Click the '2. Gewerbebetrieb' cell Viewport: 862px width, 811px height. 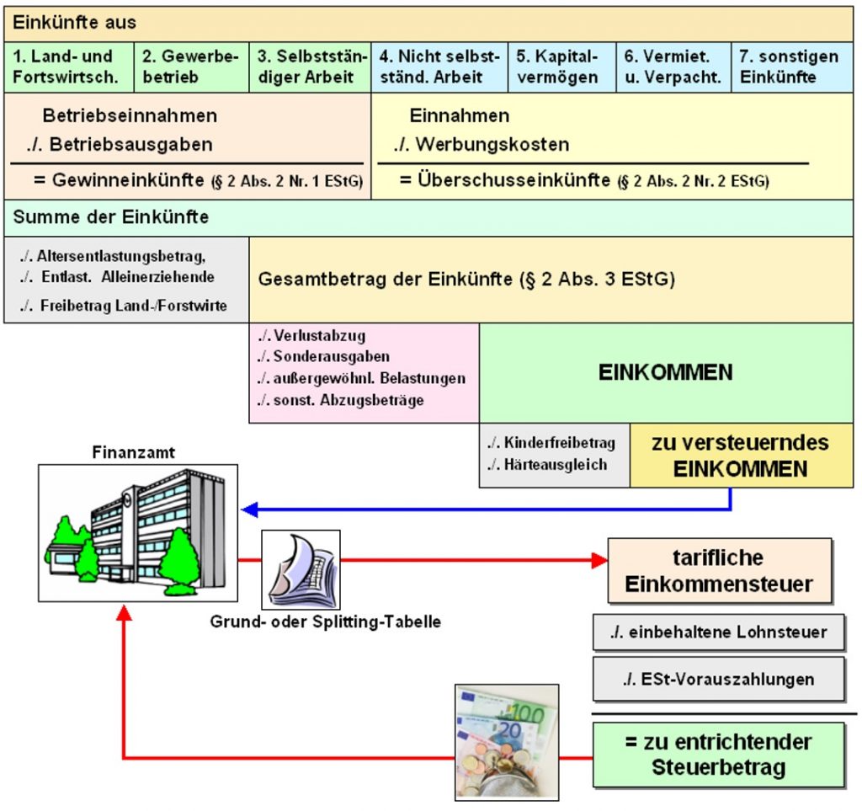tap(191, 67)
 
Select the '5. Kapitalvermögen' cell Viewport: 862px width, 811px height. tap(561, 67)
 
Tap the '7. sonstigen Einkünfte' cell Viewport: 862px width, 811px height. tap(792, 67)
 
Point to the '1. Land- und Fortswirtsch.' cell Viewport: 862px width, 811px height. tap(69, 67)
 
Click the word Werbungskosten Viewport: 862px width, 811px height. tap(492, 145)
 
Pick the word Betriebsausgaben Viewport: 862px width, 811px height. tap(130, 145)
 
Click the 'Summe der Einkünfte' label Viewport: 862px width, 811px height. tap(111, 217)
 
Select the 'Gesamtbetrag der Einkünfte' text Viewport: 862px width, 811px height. tap(385, 280)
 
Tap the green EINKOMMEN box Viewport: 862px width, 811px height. tap(667, 373)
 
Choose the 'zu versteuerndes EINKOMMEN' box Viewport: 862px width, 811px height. tap(742, 456)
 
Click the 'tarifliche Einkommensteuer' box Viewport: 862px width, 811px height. tap(720, 571)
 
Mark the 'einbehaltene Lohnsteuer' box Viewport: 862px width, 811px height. tap(719, 632)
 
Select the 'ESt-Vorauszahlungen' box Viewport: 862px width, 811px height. tap(719, 679)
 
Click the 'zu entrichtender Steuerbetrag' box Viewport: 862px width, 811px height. tap(719, 755)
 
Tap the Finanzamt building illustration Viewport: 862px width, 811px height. tap(138, 533)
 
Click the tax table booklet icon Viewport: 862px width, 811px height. tap(301, 569)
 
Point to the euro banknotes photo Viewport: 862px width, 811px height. tap(507, 742)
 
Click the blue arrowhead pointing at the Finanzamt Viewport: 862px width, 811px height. tap(249, 510)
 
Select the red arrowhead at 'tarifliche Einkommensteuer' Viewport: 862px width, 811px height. tap(599, 560)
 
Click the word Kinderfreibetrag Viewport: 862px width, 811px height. tap(560, 443)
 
